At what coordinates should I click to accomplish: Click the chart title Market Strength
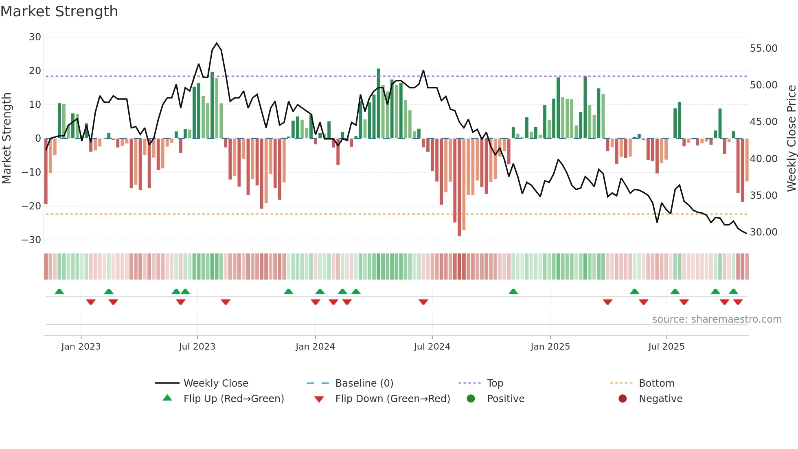[x=59, y=11]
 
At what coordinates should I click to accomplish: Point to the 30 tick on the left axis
[x=35, y=37]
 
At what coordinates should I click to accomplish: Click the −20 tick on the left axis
[x=31, y=206]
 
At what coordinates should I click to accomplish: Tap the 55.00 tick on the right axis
[x=763, y=48]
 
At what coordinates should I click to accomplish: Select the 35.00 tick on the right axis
[x=763, y=196]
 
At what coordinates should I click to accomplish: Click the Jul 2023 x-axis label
[x=197, y=347]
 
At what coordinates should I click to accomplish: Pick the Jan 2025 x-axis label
[x=550, y=347]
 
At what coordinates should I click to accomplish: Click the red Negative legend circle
[x=623, y=399]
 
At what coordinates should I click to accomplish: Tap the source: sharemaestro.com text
[x=717, y=319]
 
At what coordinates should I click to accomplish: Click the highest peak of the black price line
[x=217, y=43]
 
